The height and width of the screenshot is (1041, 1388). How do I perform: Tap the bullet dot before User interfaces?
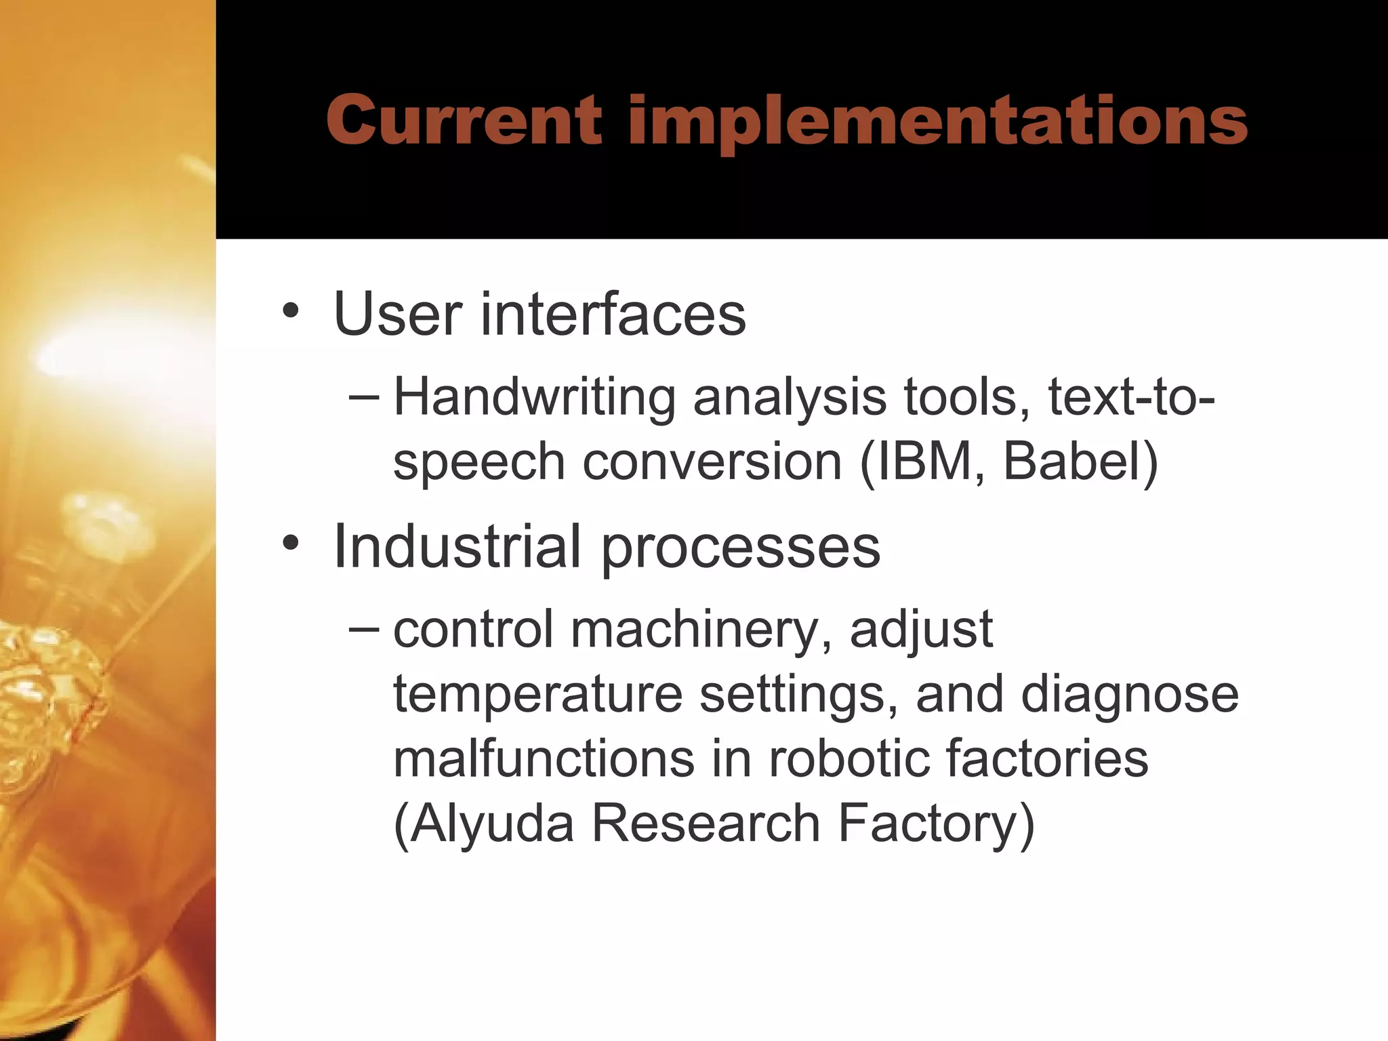(291, 312)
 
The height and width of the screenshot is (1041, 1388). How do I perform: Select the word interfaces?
(613, 314)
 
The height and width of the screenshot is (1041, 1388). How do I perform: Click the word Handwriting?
(534, 398)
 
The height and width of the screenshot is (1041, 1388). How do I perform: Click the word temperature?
(537, 695)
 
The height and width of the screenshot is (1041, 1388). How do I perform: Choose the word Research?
(706, 823)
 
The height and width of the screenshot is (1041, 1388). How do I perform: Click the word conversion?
(712, 463)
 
